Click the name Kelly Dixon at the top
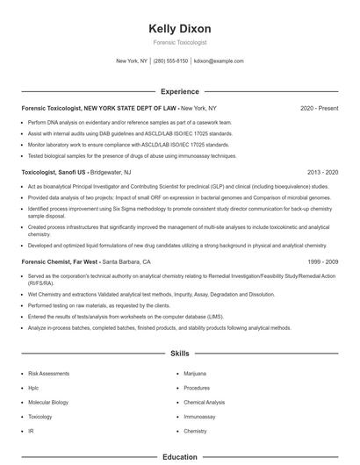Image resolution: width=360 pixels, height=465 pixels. (180, 29)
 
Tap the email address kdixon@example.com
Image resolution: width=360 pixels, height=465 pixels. (219, 61)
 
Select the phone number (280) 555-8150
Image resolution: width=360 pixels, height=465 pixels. (171, 61)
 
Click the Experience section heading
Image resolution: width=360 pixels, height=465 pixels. (180, 91)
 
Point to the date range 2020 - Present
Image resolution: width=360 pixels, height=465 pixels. (319, 108)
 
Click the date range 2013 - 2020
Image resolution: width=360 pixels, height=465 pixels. (324, 174)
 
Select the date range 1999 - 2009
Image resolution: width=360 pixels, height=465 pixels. (324, 261)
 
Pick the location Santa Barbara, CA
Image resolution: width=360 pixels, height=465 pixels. (127, 261)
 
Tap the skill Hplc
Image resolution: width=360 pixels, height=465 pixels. (35, 388)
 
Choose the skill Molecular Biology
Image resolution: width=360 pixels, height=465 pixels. (49, 403)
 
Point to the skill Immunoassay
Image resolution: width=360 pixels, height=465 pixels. (200, 418)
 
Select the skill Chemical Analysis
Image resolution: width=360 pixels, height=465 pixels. (205, 403)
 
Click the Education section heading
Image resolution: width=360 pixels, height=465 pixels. (180, 456)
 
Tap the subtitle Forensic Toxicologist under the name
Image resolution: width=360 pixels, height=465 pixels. (180, 43)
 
